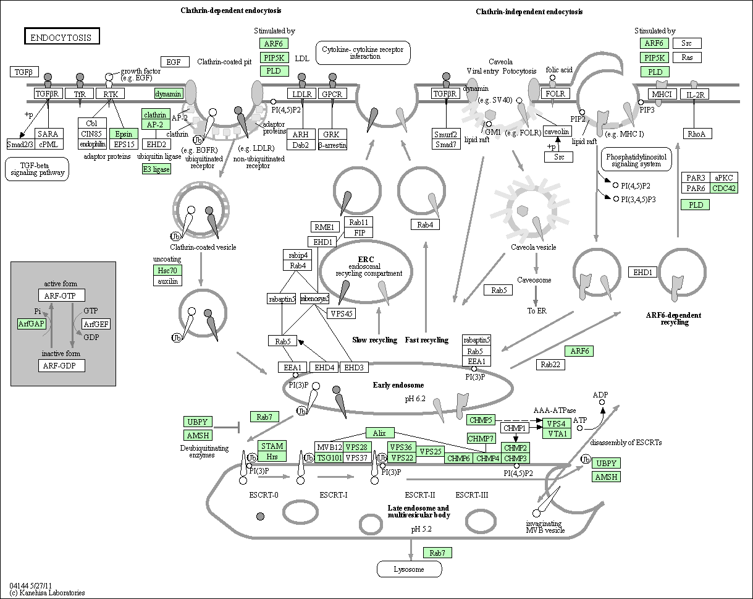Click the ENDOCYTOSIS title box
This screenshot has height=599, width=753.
click(62, 37)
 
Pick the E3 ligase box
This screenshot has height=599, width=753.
click(156, 169)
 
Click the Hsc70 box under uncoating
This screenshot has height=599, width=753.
click(168, 270)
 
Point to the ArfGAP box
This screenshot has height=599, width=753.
click(32, 324)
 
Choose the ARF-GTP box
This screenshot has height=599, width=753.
click(61, 295)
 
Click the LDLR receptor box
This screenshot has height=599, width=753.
click(301, 94)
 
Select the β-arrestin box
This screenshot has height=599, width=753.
click(332, 145)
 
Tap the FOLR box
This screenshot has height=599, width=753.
click(553, 94)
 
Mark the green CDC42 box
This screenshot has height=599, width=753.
click(723, 189)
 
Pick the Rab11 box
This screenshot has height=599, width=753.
click(359, 222)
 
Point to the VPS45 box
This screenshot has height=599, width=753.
click(342, 313)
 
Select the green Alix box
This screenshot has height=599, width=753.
click(379, 433)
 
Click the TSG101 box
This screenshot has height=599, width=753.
click(328, 458)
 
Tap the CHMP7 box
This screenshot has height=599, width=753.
click(481, 438)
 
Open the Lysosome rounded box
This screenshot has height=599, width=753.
click(409, 569)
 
